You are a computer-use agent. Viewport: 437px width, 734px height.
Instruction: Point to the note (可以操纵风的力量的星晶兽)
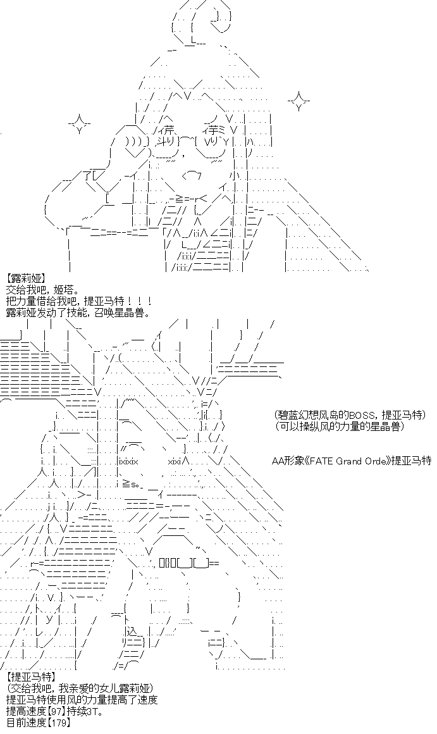(339, 426)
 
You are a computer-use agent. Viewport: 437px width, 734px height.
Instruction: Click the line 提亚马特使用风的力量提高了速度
(82, 699)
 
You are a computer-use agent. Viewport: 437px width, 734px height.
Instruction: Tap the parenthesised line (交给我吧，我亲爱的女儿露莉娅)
(82, 688)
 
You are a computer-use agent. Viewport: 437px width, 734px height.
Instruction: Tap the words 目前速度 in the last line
(26, 722)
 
